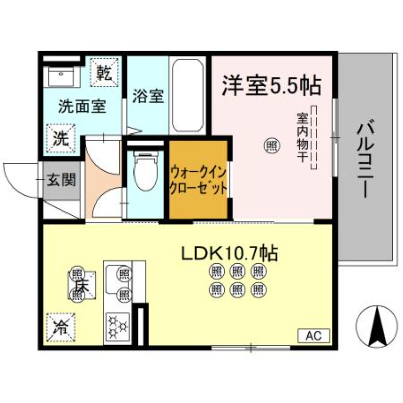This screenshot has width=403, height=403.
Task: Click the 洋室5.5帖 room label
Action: pyautogui.click(x=272, y=85)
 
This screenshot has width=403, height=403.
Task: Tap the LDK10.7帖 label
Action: pyautogui.click(x=229, y=253)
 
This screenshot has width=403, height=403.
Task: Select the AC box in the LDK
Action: pyautogui.click(x=313, y=335)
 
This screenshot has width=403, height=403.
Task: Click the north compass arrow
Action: pyautogui.click(x=377, y=326)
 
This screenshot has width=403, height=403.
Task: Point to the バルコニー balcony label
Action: pyautogui.click(x=365, y=160)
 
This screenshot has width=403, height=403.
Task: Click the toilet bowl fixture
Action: pyautogui.click(x=146, y=171)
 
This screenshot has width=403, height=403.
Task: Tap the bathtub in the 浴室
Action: pyautogui.click(x=187, y=96)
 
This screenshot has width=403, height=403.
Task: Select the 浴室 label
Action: pyautogui.click(x=148, y=96)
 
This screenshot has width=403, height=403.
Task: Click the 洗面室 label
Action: pyautogui.click(x=82, y=106)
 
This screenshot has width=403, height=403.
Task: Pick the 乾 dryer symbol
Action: pyautogui.click(x=104, y=72)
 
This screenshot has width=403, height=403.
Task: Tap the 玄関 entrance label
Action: pyautogui.click(x=61, y=180)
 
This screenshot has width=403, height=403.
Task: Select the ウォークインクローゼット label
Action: pyautogui.click(x=198, y=180)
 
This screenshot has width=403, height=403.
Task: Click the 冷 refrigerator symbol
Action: pyautogui.click(x=61, y=327)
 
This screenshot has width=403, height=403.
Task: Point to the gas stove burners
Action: pyautogui.click(x=118, y=326)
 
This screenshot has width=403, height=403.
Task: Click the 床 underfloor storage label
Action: pyautogui.click(x=82, y=285)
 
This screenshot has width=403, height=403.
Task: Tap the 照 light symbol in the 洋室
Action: pyautogui.click(x=272, y=146)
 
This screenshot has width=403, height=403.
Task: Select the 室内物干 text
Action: pyautogui.click(x=303, y=138)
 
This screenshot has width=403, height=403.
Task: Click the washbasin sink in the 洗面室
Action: pyautogui.click(x=61, y=77)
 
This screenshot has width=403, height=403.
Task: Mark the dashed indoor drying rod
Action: pyautogui.click(x=314, y=138)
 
